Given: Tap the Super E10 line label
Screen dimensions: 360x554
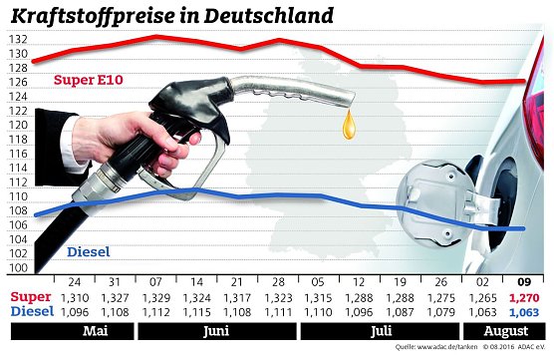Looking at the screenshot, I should click(x=89, y=80).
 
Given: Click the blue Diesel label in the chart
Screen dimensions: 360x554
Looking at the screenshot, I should click(x=89, y=252).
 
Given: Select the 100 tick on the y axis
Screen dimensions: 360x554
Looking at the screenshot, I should click(x=16, y=269).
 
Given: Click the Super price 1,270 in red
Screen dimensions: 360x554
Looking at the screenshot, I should click(x=523, y=297).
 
